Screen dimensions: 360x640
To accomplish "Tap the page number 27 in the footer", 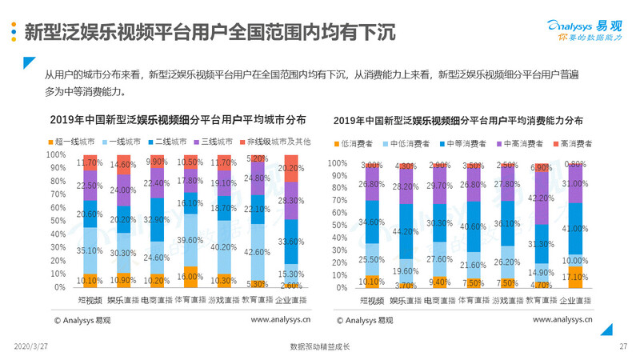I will [623, 346].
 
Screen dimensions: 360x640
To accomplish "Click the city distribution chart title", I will [178, 120].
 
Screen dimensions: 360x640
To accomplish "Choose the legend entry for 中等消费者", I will [466, 144].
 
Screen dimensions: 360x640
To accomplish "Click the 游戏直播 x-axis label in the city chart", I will [224, 300].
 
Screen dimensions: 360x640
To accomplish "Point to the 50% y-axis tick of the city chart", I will [58, 221].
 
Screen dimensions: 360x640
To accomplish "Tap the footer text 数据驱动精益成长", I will [320, 346].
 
